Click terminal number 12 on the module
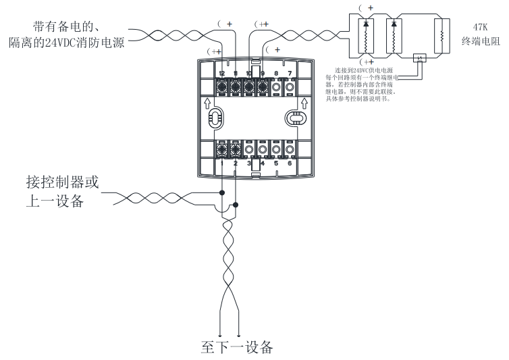tap(222, 73)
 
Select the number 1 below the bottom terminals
tap(222, 163)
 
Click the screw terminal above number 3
tap(249, 149)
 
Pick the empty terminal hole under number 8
tap(276, 86)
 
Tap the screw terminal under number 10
tap(249, 86)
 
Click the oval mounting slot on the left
tap(215, 118)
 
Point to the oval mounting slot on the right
tap(295, 118)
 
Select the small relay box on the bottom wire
tap(420, 59)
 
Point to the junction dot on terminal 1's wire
tap(222, 192)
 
